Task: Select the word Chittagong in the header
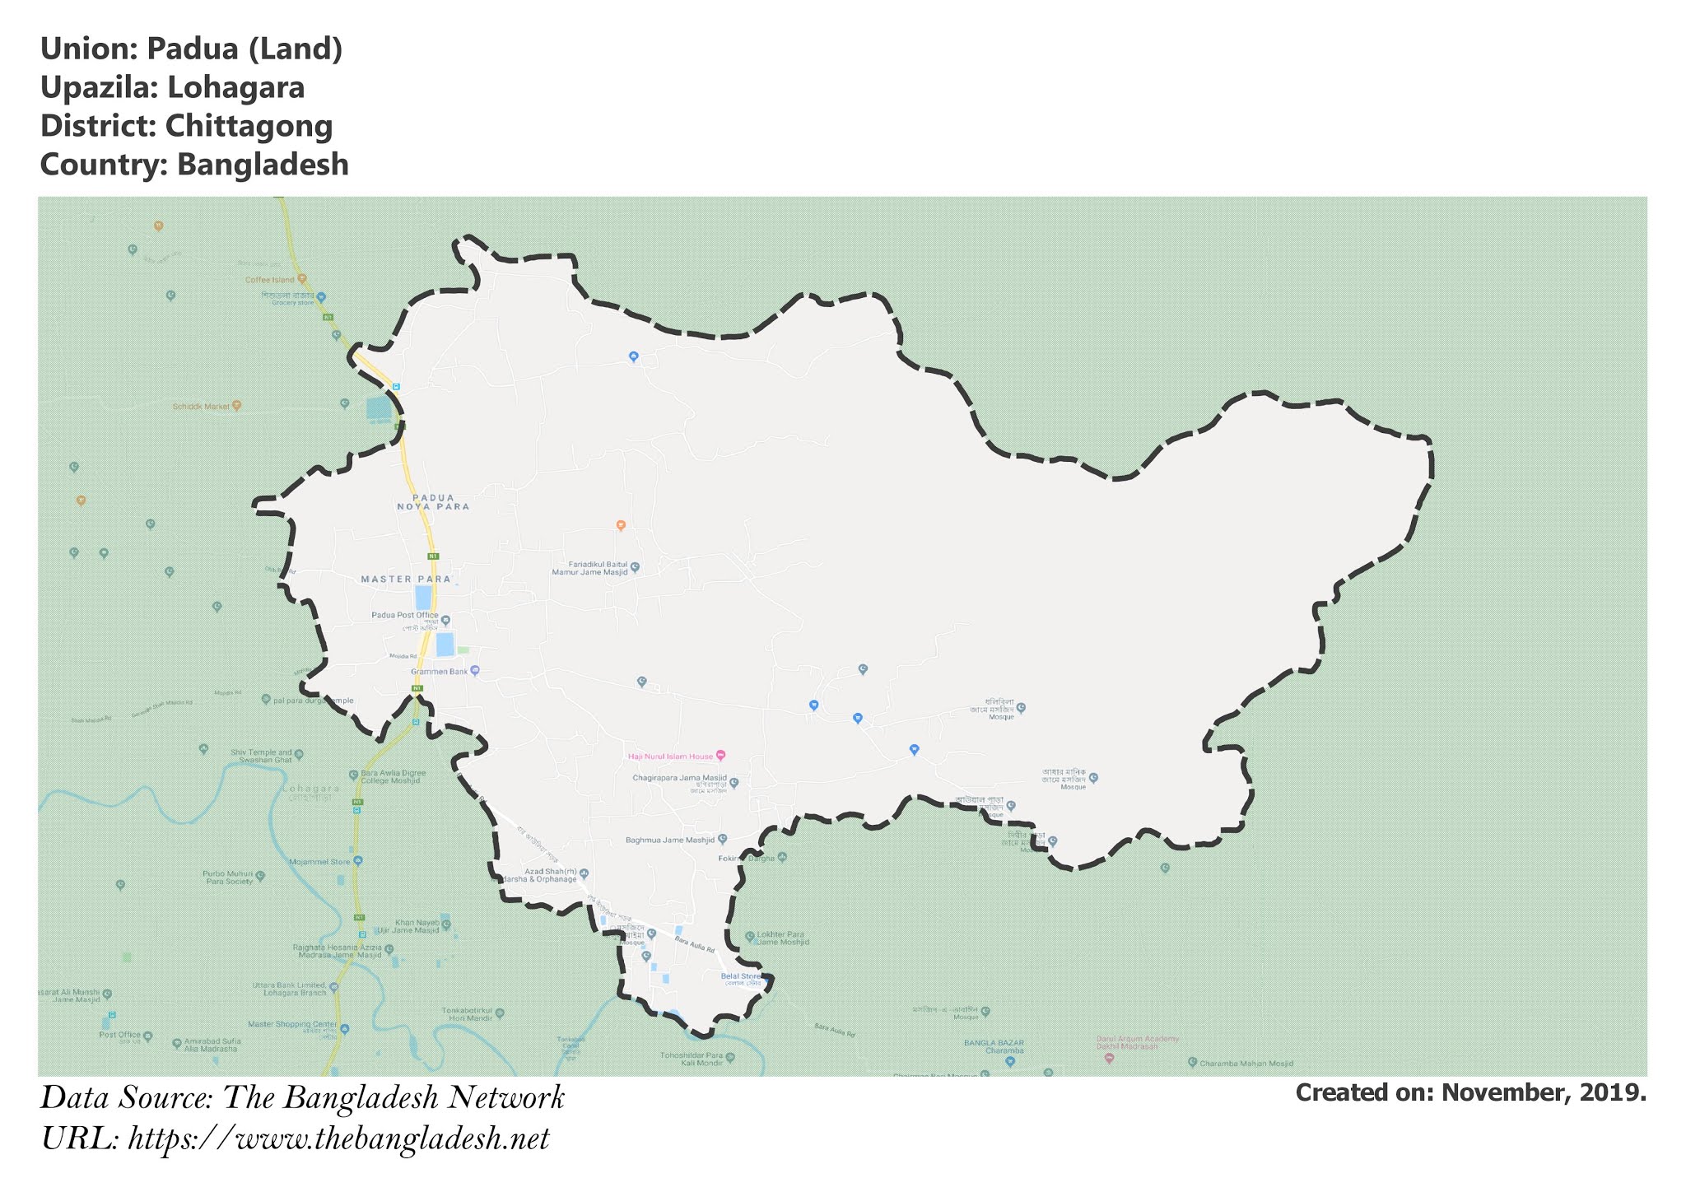coord(249,126)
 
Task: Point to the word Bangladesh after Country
coord(263,165)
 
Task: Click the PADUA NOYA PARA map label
coord(433,502)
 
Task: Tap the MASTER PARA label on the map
coord(406,580)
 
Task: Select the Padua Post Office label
coord(405,615)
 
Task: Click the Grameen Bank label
coord(439,672)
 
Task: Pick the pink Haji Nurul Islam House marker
coord(720,755)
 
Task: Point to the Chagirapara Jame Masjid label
coord(680,778)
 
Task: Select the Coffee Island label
coord(270,280)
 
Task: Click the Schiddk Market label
coord(201,407)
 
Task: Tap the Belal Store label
coord(741,977)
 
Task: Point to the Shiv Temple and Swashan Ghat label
coord(262,756)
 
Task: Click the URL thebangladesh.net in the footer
coord(338,1139)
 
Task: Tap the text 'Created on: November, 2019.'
coord(1470,1093)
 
